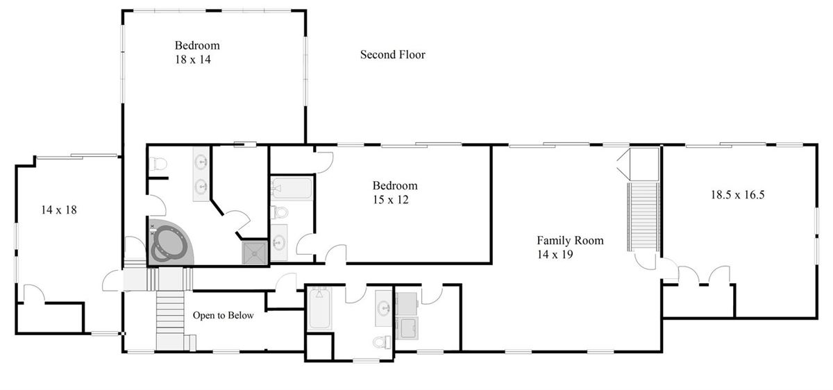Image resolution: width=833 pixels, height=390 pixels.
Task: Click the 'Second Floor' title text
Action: click(392, 55)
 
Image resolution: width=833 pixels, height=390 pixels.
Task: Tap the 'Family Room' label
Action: click(570, 241)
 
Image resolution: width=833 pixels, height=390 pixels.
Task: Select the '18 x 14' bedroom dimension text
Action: click(193, 60)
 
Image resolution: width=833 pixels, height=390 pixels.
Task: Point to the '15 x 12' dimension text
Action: click(390, 200)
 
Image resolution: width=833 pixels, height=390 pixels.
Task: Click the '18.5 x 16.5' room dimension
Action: click(737, 195)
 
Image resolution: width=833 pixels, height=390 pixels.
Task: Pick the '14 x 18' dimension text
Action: click(59, 210)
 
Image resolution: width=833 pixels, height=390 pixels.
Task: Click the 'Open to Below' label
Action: click(223, 315)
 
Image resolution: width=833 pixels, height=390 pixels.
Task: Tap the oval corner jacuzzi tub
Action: click(171, 243)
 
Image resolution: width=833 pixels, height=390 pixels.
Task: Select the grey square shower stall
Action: click(255, 253)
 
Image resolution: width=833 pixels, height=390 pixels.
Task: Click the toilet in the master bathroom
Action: click(158, 164)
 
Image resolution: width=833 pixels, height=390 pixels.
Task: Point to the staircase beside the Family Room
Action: click(643, 217)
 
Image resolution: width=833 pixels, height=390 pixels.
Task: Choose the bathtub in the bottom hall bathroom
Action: click(319, 308)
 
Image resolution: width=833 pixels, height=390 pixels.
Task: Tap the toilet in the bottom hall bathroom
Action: click(382, 341)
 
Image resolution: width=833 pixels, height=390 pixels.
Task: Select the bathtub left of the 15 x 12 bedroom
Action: click(292, 188)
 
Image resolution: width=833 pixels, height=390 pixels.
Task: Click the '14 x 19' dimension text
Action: click(555, 255)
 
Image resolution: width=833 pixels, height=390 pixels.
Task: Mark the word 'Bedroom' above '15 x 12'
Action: click(395, 185)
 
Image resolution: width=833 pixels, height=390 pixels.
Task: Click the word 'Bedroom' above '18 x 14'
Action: click(197, 45)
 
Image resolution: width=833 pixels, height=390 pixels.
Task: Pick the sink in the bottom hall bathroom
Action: click(384, 308)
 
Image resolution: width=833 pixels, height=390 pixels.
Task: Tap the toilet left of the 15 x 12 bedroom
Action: click(279, 212)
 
